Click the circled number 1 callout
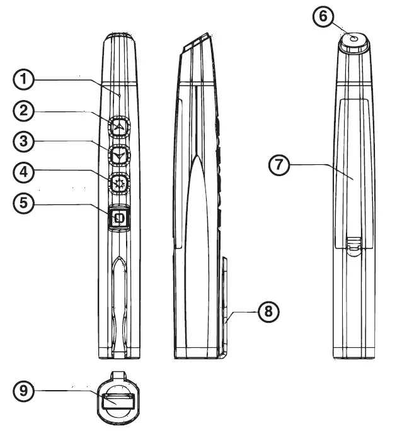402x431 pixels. [23, 81]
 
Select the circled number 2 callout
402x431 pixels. [23, 111]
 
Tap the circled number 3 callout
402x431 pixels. [23, 142]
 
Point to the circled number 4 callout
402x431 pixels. [23, 172]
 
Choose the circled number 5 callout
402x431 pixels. [23, 203]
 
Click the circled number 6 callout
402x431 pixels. [323, 17]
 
